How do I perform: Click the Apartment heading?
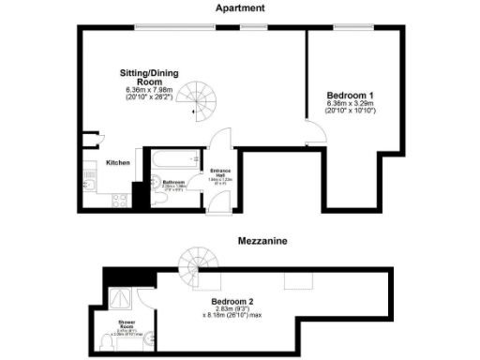[x=240, y=7]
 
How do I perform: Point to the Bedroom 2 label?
[x=237, y=302]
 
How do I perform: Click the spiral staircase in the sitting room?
[x=198, y=102]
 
